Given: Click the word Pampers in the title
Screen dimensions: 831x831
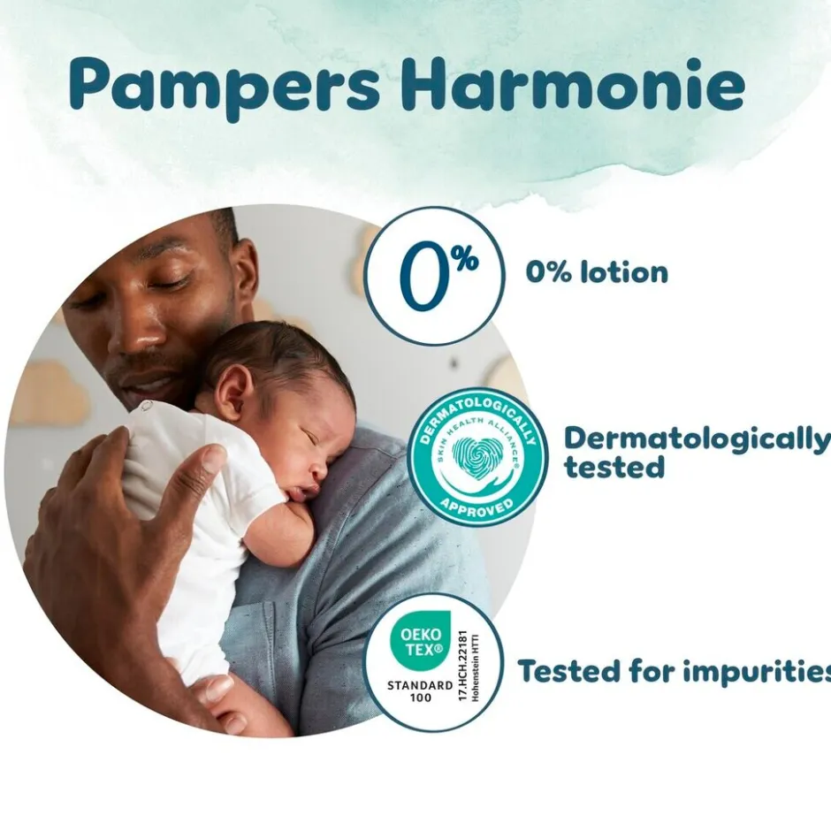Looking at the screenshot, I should tap(225, 86).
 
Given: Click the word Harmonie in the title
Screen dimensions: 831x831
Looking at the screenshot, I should tap(573, 86).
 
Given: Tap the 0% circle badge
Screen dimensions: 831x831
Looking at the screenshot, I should tap(433, 276).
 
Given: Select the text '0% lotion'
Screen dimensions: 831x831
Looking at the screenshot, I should tap(597, 272).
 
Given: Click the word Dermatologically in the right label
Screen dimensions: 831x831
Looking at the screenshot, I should tap(697, 438).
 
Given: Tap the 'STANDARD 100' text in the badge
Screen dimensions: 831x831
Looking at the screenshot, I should tap(420, 690).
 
